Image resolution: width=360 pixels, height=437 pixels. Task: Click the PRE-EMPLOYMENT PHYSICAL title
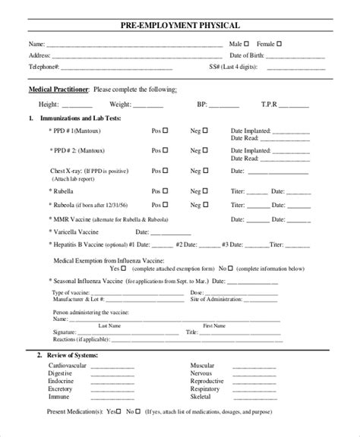[x=180, y=27]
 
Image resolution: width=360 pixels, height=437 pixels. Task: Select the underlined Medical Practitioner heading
[x=58, y=90]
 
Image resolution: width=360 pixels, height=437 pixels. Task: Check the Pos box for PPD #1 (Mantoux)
[x=166, y=130]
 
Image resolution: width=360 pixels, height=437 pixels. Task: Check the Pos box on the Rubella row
[x=166, y=191]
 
